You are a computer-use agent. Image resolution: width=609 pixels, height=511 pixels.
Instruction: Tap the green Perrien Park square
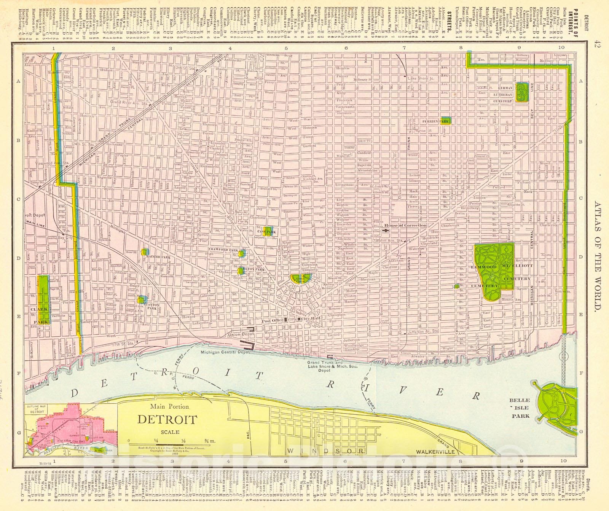coord(445,121)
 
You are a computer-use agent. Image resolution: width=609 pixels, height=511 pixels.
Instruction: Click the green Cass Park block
coord(269,231)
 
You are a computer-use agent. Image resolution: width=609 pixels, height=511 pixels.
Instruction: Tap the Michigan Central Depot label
coord(222,353)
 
